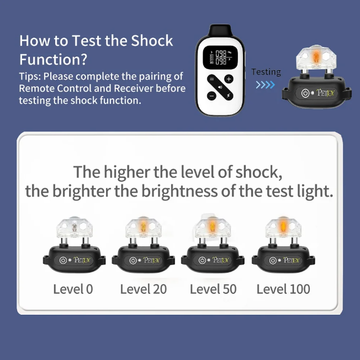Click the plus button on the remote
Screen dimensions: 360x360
229,79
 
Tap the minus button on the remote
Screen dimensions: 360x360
211,96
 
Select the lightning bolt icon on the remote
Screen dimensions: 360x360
229,96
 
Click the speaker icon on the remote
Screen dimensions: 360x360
220,87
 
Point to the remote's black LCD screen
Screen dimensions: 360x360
220,57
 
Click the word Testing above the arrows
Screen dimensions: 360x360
266,72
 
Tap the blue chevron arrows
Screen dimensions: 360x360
266,84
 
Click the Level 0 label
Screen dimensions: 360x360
73,289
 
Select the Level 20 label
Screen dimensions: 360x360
144,289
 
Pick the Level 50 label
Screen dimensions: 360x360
213,289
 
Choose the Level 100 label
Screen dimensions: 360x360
283,289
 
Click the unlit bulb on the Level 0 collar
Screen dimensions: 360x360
74,227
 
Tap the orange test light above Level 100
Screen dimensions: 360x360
283,226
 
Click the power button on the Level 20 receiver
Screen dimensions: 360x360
133,261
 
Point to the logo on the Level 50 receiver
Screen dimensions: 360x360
221,260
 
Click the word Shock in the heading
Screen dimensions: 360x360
152,41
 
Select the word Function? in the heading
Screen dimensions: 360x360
53,60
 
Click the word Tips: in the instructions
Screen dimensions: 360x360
30,77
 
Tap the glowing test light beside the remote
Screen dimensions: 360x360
316,56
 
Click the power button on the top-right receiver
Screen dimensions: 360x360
305,93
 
